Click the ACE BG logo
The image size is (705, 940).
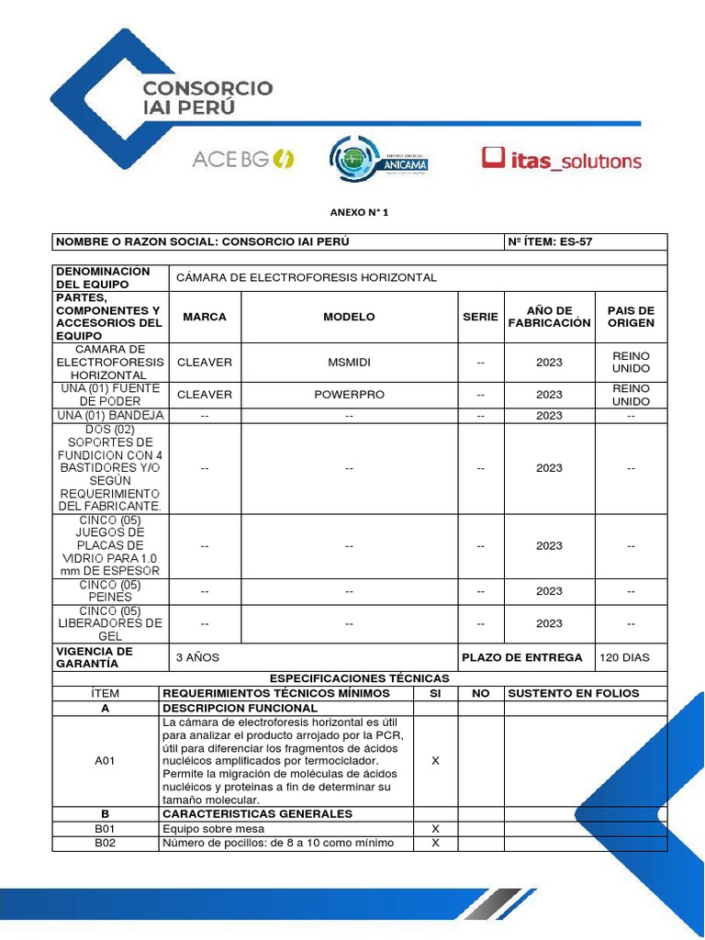tap(242, 159)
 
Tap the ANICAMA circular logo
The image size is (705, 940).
tap(378, 159)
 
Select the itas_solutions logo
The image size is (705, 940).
tap(562, 160)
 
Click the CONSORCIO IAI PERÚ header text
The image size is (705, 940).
tap(207, 97)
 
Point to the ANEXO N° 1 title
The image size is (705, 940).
tap(359, 212)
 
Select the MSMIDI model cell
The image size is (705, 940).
tap(349, 363)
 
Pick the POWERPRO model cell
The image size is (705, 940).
tap(349, 395)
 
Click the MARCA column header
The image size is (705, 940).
tap(205, 317)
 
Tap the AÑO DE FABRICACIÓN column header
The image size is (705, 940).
tap(549, 317)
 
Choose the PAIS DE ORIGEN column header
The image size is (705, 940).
tap(631, 317)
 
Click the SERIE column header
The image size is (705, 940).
tap(480, 317)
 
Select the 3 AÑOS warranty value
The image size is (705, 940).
tap(197, 658)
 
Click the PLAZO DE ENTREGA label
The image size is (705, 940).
tap(521, 658)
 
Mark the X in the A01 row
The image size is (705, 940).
tap(435, 761)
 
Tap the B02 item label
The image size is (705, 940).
tap(106, 844)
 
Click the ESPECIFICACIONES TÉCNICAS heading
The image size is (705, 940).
tap(359, 678)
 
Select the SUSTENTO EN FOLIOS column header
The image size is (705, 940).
tap(573, 693)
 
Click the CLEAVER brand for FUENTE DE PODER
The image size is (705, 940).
tap(205, 395)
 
